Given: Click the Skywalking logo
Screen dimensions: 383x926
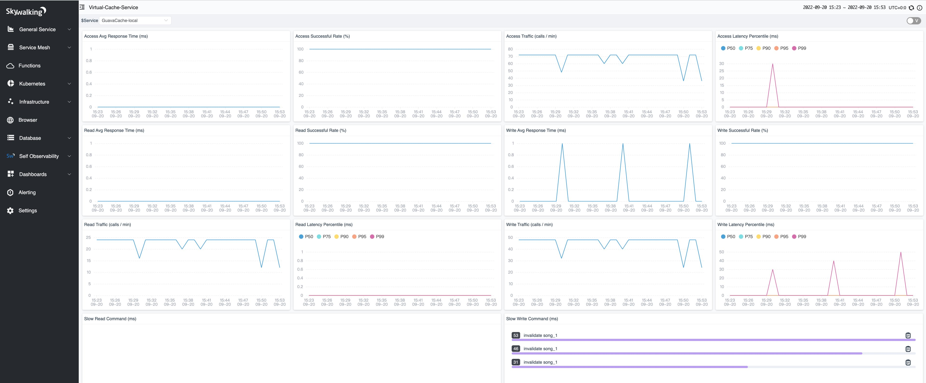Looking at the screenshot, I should pos(26,12).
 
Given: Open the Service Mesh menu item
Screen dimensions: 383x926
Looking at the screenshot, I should pos(35,47).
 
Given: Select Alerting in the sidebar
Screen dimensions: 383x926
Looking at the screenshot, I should pos(27,192).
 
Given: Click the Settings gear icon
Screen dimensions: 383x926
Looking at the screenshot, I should pos(10,211).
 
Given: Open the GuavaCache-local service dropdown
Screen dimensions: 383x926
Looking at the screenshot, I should pos(135,21).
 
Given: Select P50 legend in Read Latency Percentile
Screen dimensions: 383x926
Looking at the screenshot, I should pos(306,236).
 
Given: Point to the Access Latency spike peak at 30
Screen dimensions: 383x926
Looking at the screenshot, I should pos(772,64).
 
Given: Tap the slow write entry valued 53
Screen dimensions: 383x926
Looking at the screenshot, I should pos(540,335).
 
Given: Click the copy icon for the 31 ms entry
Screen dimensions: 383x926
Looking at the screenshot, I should pos(908,362).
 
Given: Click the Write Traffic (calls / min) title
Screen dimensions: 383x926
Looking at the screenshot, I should pos(529,225).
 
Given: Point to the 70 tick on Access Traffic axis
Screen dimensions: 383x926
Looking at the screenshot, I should pos(510,57).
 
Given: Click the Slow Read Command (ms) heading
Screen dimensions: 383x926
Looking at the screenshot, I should pos(110,319).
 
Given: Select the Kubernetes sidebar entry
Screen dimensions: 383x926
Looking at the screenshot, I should pos(32,84).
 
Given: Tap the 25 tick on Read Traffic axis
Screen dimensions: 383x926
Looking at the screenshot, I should pos(88,237).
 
